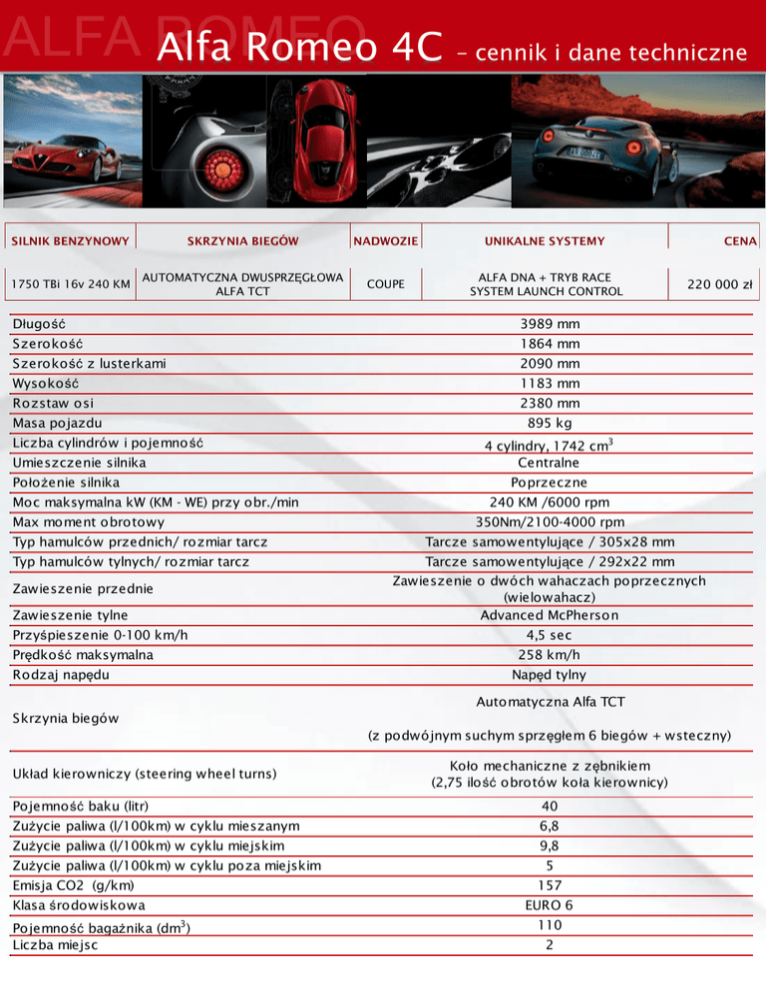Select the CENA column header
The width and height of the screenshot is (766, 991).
(x=741, y=240)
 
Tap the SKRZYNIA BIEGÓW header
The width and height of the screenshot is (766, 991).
(x=242, y=240)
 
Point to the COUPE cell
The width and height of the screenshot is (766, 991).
(x=386, y=284)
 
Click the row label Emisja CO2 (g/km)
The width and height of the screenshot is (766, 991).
(x=74, y=885)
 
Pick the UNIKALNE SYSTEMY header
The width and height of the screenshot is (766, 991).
(x=545, y=240)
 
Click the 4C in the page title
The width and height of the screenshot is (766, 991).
(x=410, y=48)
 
